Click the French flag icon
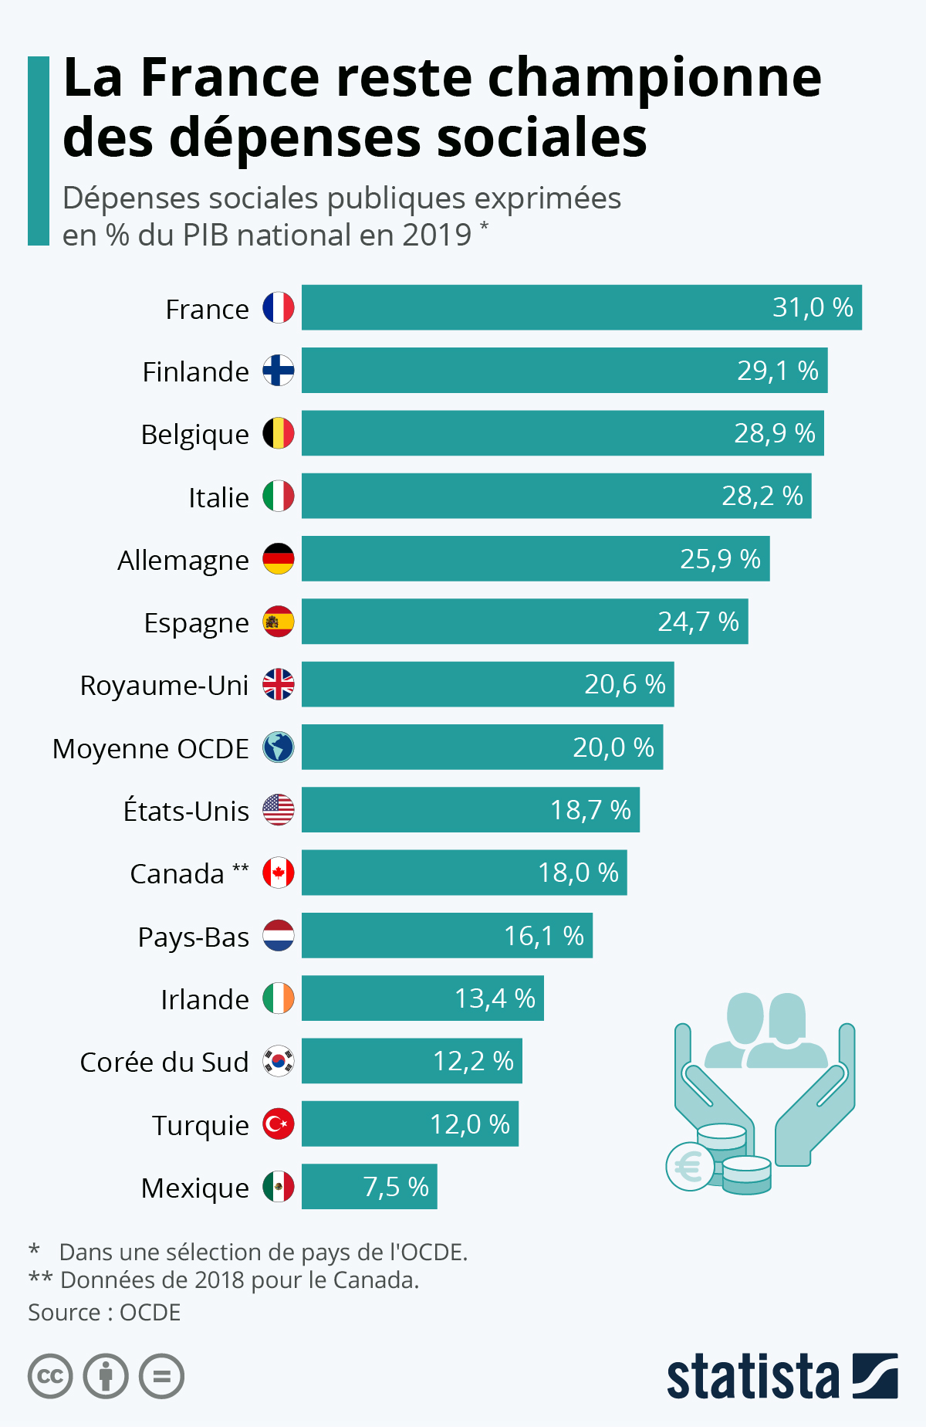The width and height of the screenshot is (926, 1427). (278, 308)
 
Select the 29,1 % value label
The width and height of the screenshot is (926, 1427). (777, 371)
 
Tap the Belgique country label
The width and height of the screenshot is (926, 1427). (194, 434)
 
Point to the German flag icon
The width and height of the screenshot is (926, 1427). (278, 559)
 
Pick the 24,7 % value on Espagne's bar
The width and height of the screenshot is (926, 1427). (698, 622)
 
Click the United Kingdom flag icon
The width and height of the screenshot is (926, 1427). (278, 685)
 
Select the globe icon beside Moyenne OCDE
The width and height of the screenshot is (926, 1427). (278, 747)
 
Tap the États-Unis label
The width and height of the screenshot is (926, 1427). (186, 811)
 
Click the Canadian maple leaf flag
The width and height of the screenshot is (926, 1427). (278, 873)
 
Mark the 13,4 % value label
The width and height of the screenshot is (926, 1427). (495, 998)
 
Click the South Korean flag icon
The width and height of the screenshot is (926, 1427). (278, 1062)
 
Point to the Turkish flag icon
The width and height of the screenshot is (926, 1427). (278, 1124)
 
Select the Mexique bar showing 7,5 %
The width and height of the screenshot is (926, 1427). (369, 1187)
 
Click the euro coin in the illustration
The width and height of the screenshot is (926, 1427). (689, 1167)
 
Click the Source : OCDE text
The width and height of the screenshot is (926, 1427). (104, 1313)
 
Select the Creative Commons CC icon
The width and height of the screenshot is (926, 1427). (50, 1377)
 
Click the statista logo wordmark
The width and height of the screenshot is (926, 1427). (752, 1377)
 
